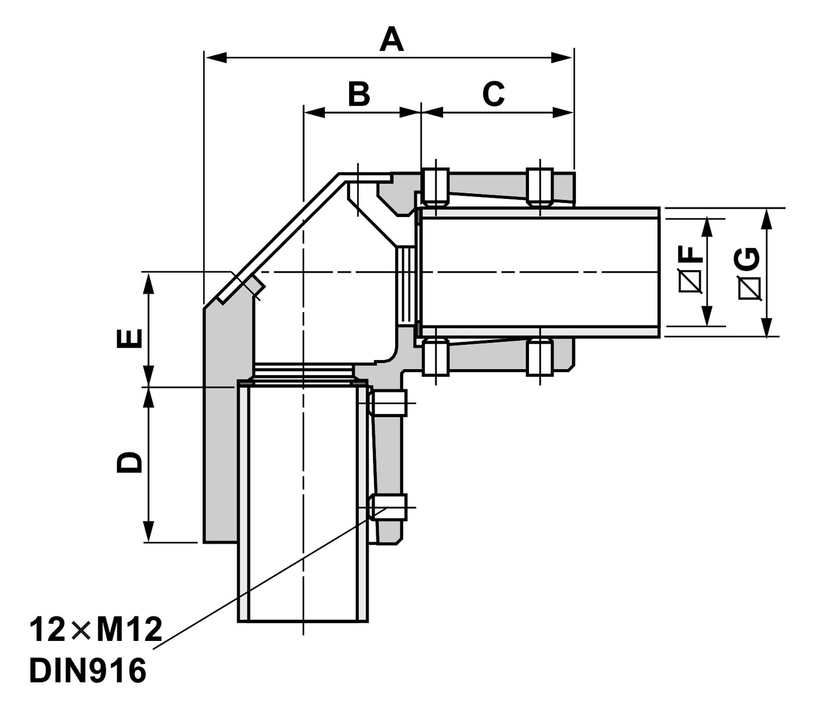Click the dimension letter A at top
pos(392,40)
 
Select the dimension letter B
pos(359,94)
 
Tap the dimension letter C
pos(493,94)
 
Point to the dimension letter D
pos(129,462)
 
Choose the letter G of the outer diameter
pos(749,258)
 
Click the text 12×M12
pos(96,630)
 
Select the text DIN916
pos(88,671)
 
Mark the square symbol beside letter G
pos(749,288)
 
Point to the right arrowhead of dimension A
pos(562,58)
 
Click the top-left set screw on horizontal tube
pos(435,185)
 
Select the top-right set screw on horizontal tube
pos(539,186)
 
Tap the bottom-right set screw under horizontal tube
pos(539,358)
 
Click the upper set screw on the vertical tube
pos(388,403)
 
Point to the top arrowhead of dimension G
pos(768,218)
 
